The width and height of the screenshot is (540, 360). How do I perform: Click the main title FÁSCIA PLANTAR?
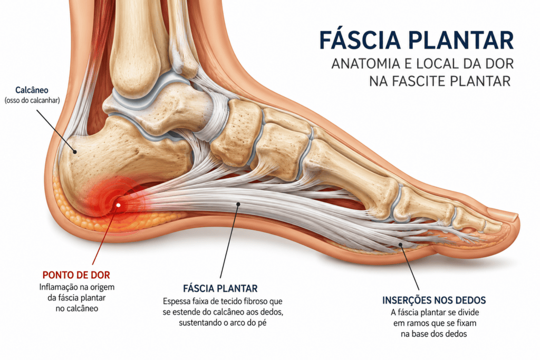point(417,40)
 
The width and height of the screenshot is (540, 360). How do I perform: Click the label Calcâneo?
point(32,90)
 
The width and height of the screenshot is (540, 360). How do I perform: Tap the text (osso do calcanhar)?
point(32,101)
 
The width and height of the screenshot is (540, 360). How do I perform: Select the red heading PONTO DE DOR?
point(76,275)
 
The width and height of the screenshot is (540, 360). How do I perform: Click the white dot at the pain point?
point(119,205)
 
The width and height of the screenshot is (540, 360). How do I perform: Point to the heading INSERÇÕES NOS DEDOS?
point(434,300)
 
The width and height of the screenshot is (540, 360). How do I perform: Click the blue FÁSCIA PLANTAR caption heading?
point(220,288)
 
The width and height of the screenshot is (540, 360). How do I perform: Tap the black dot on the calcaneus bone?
point(74,151)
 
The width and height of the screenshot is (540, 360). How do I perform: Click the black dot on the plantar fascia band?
point(238,204)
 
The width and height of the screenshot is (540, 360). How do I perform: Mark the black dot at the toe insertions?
point(401,245)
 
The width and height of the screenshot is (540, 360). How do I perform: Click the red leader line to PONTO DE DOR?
point(105,235)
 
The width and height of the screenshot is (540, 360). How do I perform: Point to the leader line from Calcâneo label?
point(55,130)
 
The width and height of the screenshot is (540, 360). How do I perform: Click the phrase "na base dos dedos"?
point(434,334)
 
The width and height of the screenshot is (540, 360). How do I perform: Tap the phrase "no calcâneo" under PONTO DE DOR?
point(77,308)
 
